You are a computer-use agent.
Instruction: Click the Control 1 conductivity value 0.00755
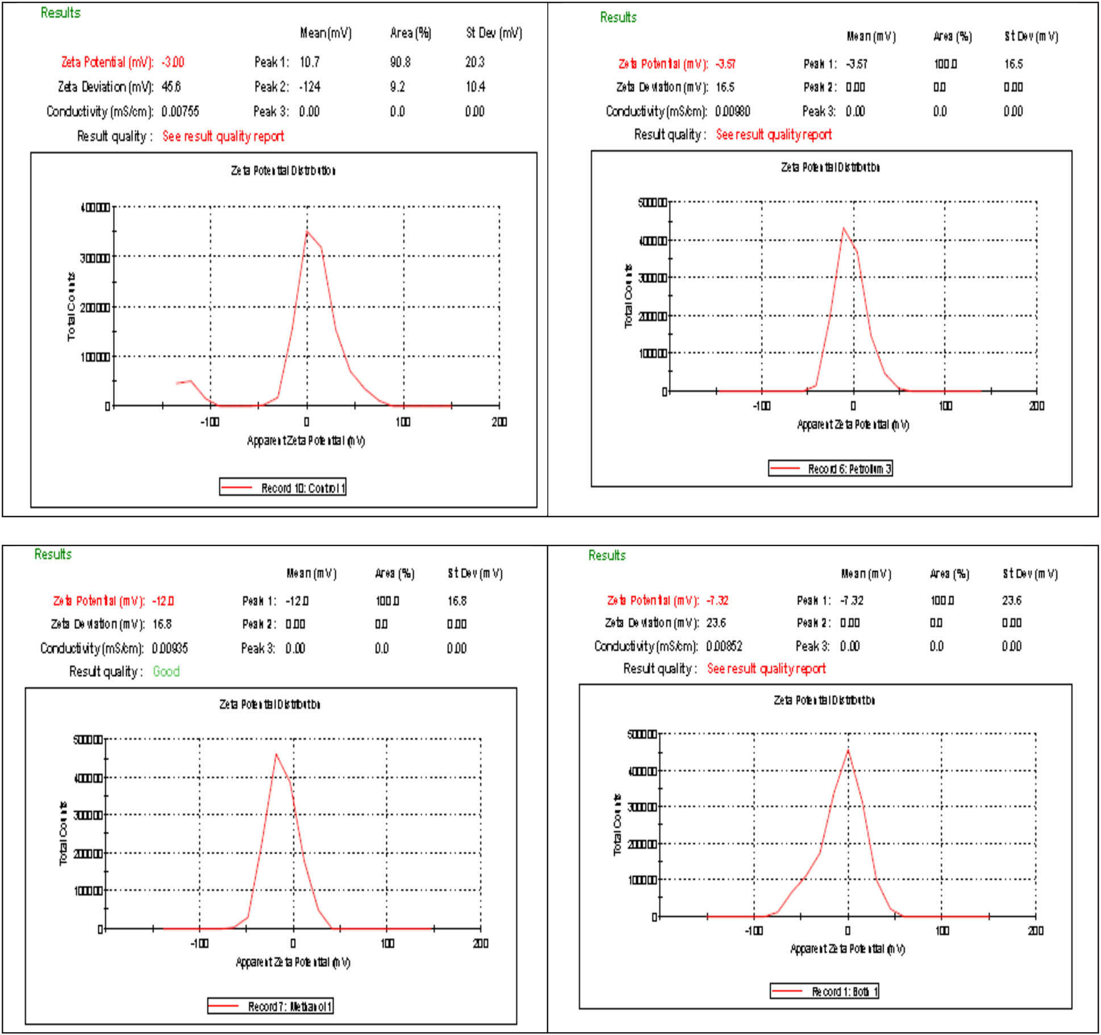pos(180,111)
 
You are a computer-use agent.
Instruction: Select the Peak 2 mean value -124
pos(310,87)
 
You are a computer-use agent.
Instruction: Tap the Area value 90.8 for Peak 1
pos(400,62)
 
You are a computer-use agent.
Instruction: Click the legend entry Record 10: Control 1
pos(283,487)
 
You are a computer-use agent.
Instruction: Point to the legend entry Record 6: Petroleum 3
pos(831,469)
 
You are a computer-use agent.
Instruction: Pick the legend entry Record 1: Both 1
pos(825,992)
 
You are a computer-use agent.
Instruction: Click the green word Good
pos(166,671)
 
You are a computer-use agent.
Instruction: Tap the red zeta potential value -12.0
pos(163,601)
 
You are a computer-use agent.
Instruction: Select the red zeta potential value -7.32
pos(718,600)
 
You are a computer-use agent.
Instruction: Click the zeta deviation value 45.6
pos(171,87)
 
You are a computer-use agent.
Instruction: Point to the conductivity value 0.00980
pos(732,111)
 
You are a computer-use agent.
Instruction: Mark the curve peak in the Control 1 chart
pos(307,231)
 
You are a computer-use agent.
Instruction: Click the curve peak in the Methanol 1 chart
pos(276,755)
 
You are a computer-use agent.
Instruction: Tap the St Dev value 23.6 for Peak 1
pos(1012,600)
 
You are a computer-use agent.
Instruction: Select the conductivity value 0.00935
pos(170,648)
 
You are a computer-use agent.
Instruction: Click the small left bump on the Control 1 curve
pos(190,381)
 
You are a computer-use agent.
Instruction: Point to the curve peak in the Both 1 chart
pos(848,750)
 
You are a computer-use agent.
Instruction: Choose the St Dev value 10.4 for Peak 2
pos(475,87)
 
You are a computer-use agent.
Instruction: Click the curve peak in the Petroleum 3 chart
pos(843,228)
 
